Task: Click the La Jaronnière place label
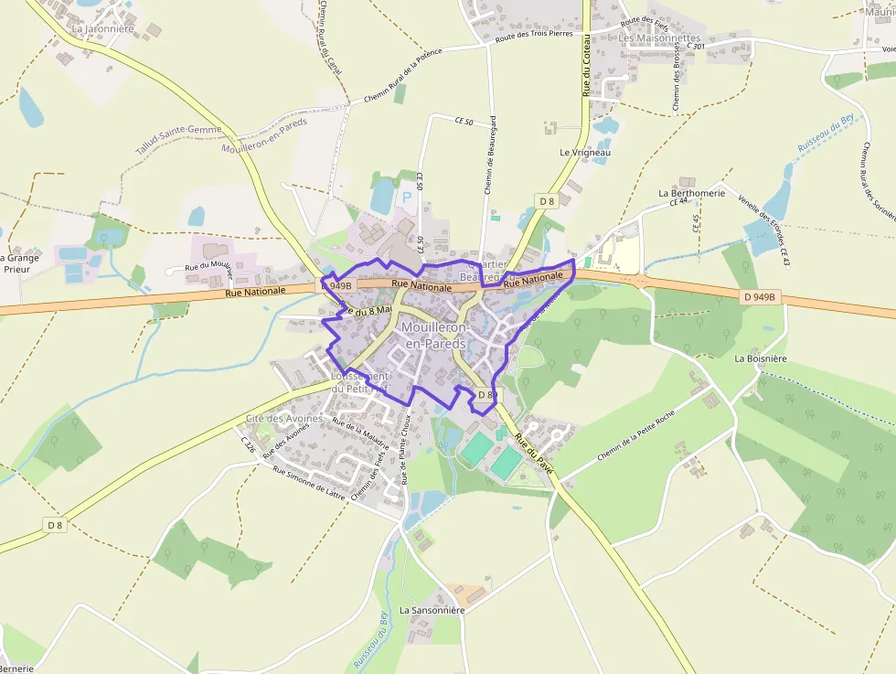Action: pos(102,28)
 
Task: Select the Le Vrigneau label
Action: pos(585,152)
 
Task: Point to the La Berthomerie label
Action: pos(691,194)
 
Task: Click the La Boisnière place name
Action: pos(760,358)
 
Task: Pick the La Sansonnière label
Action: pos(432,610)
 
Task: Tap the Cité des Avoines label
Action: pos(283,419)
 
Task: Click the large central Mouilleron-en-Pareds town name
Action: pos(435,336)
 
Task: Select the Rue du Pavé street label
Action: pos(534,452)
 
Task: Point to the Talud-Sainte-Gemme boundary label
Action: pos(179,139)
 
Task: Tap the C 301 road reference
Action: pos(694,46)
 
